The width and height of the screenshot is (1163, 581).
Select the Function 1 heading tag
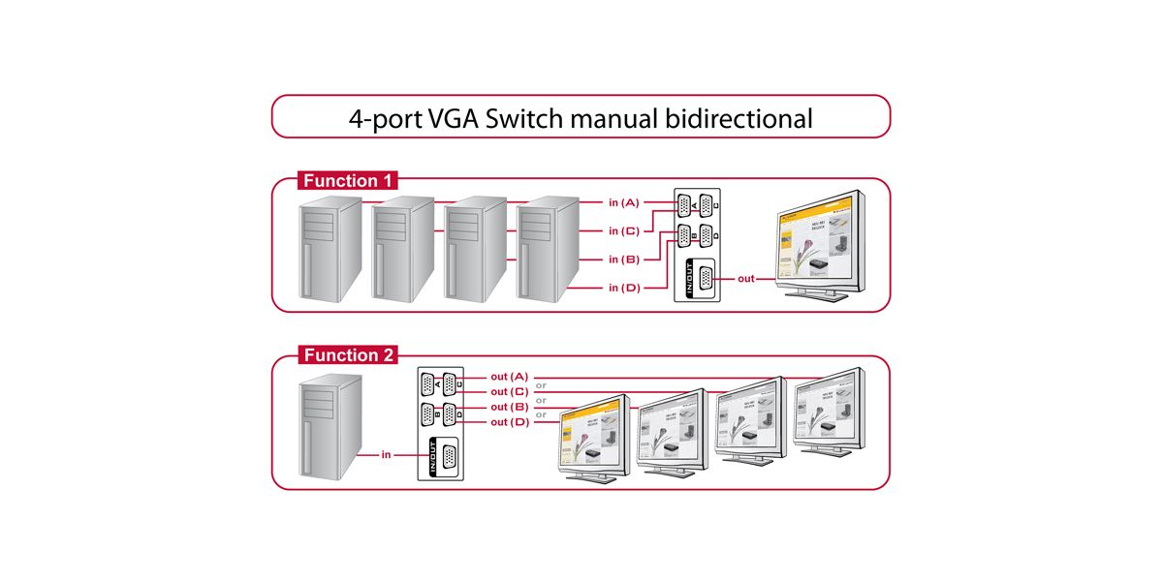click(x=346, y=181)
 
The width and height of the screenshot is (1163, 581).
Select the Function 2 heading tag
click(x=346, y=355)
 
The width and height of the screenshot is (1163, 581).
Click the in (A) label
click(x=623, y=202)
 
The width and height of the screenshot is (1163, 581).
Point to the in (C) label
click(x=623, y=231)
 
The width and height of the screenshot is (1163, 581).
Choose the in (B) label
click(x=623, y=260)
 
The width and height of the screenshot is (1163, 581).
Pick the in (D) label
click(x=623, y=288)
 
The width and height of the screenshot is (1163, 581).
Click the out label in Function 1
click(x=746, y=279)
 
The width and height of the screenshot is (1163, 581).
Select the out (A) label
click(x=509, y=376)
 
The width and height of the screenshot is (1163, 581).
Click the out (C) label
click(x=509, y=391)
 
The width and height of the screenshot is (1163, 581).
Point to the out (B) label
click(x=509, y=407)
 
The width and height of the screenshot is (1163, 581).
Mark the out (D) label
click(x=509, y=422)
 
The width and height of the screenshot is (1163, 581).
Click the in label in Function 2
click(x=386, y=453)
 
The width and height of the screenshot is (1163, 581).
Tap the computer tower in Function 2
click(x=330, y=426)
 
